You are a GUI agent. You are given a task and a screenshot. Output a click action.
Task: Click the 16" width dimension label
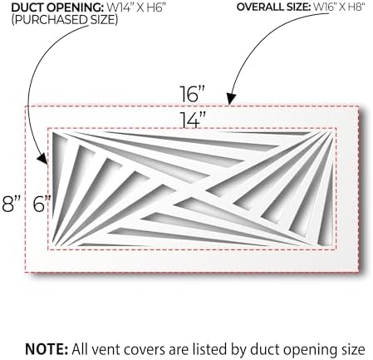(x=192, y=94)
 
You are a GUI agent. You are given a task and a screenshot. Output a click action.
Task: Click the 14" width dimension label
(x=194, y=120)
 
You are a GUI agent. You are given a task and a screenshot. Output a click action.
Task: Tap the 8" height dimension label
(x=12, y=204)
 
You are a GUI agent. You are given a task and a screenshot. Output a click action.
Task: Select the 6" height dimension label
(x=42, y=204)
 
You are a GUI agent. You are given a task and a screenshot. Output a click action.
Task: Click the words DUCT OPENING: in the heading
(x=57, y=7)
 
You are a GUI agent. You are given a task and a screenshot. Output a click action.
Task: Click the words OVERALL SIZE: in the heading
(x=273, y=7)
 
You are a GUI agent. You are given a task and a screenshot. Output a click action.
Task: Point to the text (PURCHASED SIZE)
(x=65, y=20)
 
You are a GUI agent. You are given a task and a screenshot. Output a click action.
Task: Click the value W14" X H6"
(x=136, y=7)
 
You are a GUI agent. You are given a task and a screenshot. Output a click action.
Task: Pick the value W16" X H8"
(x=338, y=7)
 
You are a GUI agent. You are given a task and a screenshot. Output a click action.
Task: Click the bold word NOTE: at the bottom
(x=47, y=349)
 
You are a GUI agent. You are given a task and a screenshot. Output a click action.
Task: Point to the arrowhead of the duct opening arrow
(x=43, y=159)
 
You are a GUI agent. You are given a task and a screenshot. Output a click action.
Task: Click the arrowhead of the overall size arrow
(x=231, y=99)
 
